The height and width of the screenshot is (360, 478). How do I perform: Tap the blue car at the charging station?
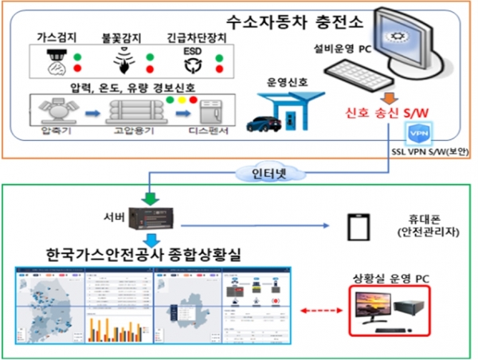coord(264,123)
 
